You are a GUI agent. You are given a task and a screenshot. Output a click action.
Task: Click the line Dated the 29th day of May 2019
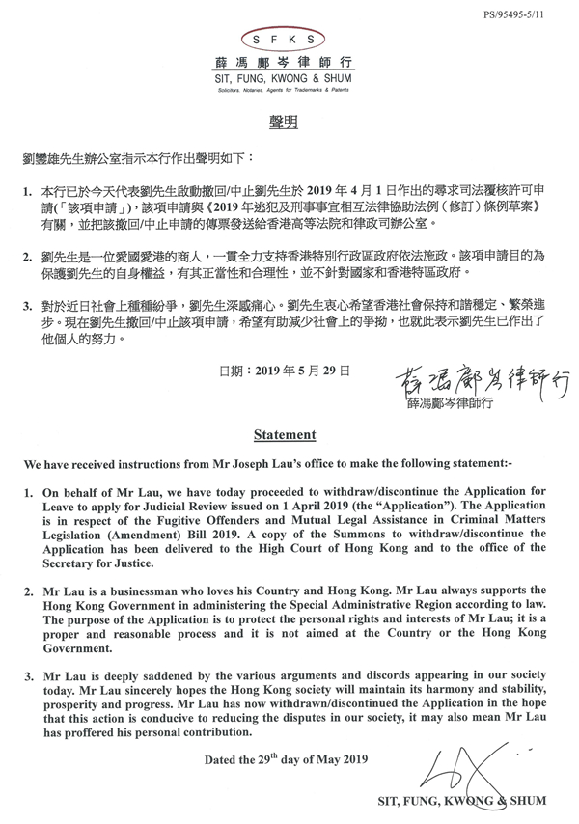click(x=287, y=759)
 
